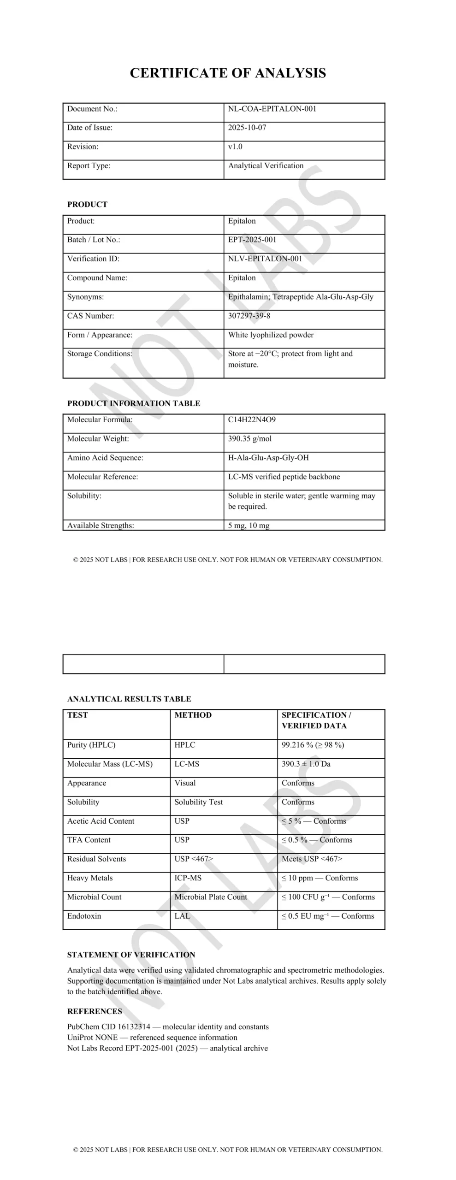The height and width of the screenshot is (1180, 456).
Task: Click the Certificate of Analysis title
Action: [x=228, y=73]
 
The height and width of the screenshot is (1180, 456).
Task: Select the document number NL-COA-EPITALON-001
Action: [x=272, y=109]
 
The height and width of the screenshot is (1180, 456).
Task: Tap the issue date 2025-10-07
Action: [x=247, y=128]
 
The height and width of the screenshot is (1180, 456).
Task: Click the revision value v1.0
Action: [x=235, y=147]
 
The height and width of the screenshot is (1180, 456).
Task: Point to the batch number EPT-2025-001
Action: [x=252, y=240]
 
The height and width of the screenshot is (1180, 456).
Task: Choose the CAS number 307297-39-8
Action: [x=249, y=316]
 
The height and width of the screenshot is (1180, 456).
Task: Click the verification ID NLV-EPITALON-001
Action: [x=265, y=259]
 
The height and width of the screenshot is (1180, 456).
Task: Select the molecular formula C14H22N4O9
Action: [x=252, y=419]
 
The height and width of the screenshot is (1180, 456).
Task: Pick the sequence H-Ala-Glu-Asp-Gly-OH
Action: [x=268, y=458]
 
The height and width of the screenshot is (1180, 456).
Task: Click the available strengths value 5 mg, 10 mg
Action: [x=249, y=525]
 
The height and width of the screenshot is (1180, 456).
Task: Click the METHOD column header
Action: [x=193, y=715]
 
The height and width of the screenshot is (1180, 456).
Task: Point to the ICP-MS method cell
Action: [x=188, y=878]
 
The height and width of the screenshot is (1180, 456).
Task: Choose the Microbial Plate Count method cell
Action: [x=211, y=897]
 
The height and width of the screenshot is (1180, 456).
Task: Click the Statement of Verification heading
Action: [x=131, y=955]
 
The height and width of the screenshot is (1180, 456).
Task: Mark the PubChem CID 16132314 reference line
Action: [x=168, y=1027]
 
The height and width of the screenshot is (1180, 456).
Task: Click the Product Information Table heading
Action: [x=134, y=403]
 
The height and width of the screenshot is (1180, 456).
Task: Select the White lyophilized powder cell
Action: [x=271, y=335]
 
